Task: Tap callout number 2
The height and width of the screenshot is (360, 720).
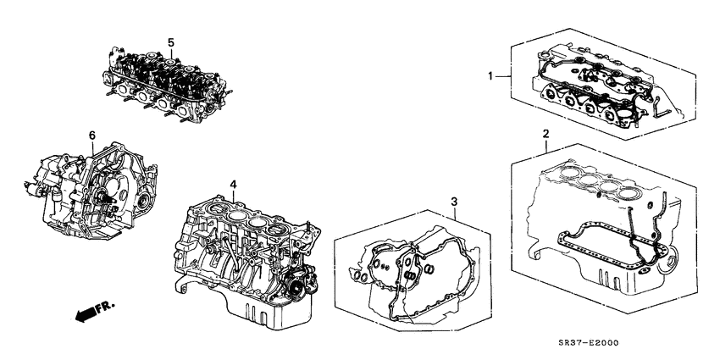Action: [x=546, y=134]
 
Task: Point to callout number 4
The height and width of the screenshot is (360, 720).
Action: [x=232, y=184]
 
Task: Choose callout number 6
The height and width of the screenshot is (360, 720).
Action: [x=91, y=135]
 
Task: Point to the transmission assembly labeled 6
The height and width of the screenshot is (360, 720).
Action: [x=89, y=191]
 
